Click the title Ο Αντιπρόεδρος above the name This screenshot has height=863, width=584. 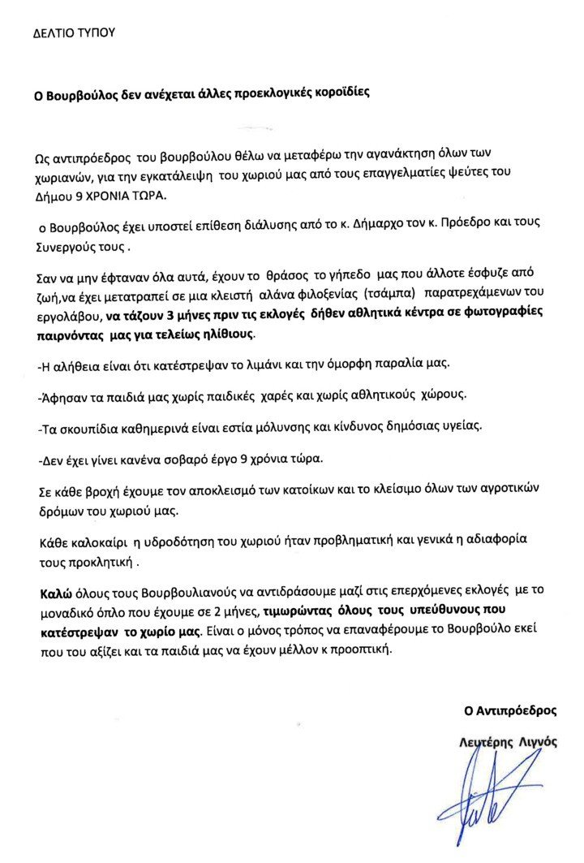pyautogui.click(x=509, y=710)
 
